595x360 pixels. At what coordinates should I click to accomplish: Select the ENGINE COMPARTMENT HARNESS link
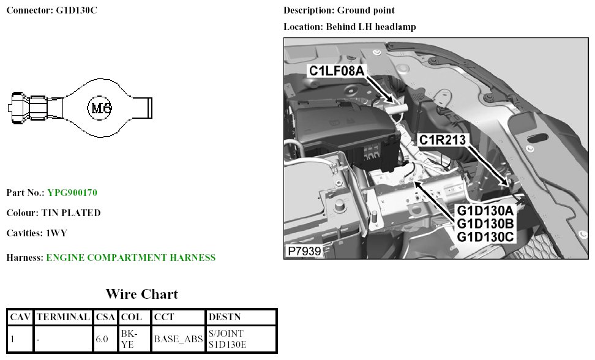click(x=130, y=258)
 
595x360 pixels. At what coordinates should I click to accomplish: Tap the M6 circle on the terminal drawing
click(x=100, y=108)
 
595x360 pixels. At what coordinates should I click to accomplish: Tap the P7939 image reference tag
click(x=304, y=252)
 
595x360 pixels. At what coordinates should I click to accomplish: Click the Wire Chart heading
click(x=141, y=294)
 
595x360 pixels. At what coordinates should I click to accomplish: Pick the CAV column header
click(x=21, y=317)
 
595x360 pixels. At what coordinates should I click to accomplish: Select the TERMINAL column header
click(x=63, y=317)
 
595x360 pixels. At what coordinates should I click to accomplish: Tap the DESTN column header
click(x=225, y=317)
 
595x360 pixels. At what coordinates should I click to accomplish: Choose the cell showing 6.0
click(x=102, y=339)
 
